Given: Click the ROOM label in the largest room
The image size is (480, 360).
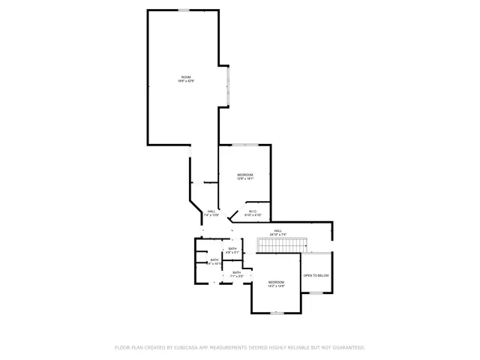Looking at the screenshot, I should coord(186,78).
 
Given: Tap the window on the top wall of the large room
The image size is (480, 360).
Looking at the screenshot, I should coord(184,10).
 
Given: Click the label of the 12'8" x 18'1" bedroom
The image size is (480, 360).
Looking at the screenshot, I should coord(246,174).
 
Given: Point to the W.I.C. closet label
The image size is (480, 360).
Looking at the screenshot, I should coord(253,211).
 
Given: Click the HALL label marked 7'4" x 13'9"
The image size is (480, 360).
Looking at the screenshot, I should coord(211,211).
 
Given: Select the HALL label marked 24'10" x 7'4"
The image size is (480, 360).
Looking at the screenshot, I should coord(277,230).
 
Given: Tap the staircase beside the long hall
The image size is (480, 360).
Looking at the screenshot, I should coord(283,244).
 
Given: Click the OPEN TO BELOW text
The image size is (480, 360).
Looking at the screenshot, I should coord(316,276).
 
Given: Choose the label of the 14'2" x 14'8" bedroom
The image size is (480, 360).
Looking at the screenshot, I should coord(276,282).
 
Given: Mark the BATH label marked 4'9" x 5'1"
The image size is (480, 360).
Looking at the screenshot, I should coord(232,248).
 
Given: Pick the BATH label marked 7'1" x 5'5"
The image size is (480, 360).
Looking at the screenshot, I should coord(236,272).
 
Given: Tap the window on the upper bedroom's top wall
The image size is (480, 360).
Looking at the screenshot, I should coord(245,145).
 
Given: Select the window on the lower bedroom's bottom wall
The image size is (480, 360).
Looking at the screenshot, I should coord(277,312).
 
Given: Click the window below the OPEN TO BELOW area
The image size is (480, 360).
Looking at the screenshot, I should coord(316,292).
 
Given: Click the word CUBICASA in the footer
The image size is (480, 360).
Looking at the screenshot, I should coord(185,347).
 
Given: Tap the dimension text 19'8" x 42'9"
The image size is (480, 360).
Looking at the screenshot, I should coord(186,82).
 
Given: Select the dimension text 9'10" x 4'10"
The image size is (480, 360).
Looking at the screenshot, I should coord(253,214).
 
